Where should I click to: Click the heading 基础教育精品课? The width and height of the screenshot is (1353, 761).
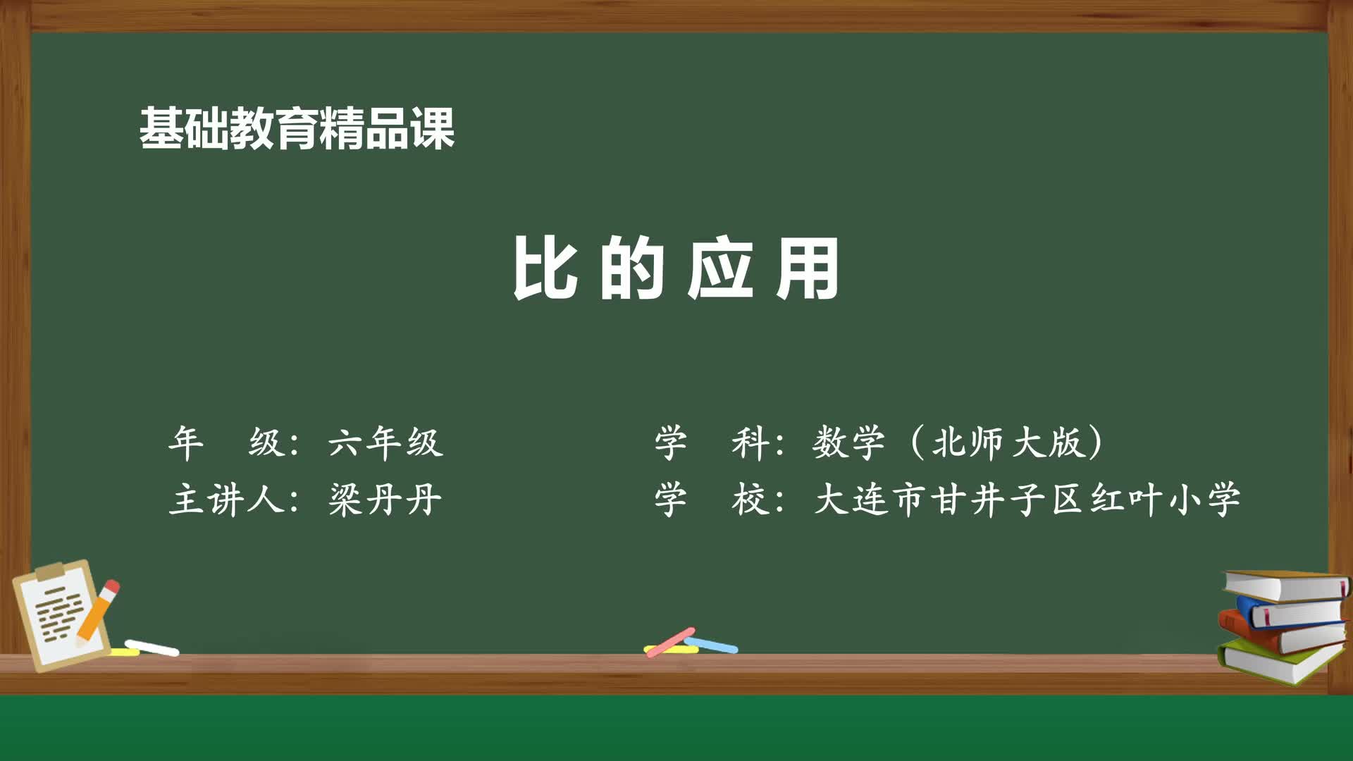[297, 129]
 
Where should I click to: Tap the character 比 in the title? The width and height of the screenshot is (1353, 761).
[544, 268]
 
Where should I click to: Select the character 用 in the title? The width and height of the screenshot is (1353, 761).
[808, 268]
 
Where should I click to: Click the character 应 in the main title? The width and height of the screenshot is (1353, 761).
[719, 268]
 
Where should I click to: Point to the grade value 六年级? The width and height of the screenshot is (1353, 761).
[385, 443]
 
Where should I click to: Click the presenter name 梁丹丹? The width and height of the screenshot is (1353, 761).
[385, 500]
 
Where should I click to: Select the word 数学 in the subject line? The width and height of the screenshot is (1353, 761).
[848, 443]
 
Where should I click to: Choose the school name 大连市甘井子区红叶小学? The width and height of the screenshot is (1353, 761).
[1027, 500]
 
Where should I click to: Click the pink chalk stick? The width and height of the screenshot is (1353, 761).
[670, 642]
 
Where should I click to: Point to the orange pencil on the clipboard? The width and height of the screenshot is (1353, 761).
[97, 612]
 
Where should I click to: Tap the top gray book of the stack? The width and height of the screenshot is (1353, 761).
[1286, 586]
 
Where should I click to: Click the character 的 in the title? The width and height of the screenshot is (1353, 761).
[632, 268]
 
